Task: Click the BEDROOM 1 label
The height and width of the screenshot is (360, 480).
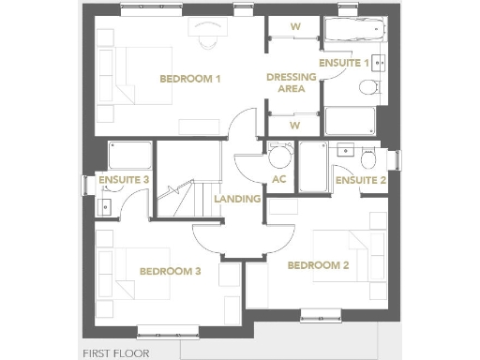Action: click(189, 79)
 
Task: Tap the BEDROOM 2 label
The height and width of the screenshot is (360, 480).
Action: click(318, 265)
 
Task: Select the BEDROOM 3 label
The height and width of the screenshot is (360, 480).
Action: click(170, 271)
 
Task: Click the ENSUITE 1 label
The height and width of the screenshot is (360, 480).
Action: click(344, 63)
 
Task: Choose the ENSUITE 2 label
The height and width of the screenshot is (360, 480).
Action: click(361, 180)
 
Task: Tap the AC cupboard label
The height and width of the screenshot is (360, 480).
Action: click(278, 179)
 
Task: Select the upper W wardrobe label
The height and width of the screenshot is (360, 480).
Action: click(294, 27)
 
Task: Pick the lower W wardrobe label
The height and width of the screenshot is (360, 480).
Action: click(294, 125)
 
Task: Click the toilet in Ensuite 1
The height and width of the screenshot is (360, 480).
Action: click(370, 89)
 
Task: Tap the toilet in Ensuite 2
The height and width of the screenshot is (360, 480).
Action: click(367, 154)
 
